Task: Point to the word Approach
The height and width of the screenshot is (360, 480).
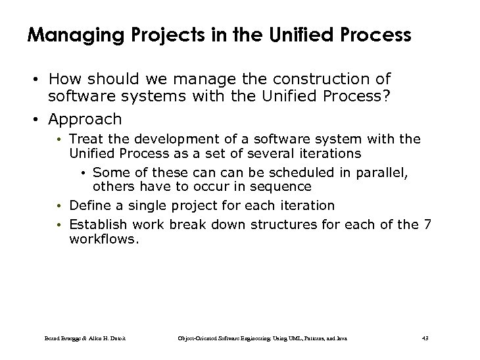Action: point(85,119)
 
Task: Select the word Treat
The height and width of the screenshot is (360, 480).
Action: point(84,139)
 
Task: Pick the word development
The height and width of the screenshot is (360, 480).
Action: point(162,139)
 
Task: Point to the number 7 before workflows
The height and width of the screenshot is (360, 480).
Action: point(427,225)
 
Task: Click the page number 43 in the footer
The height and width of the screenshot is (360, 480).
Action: point(424,338)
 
